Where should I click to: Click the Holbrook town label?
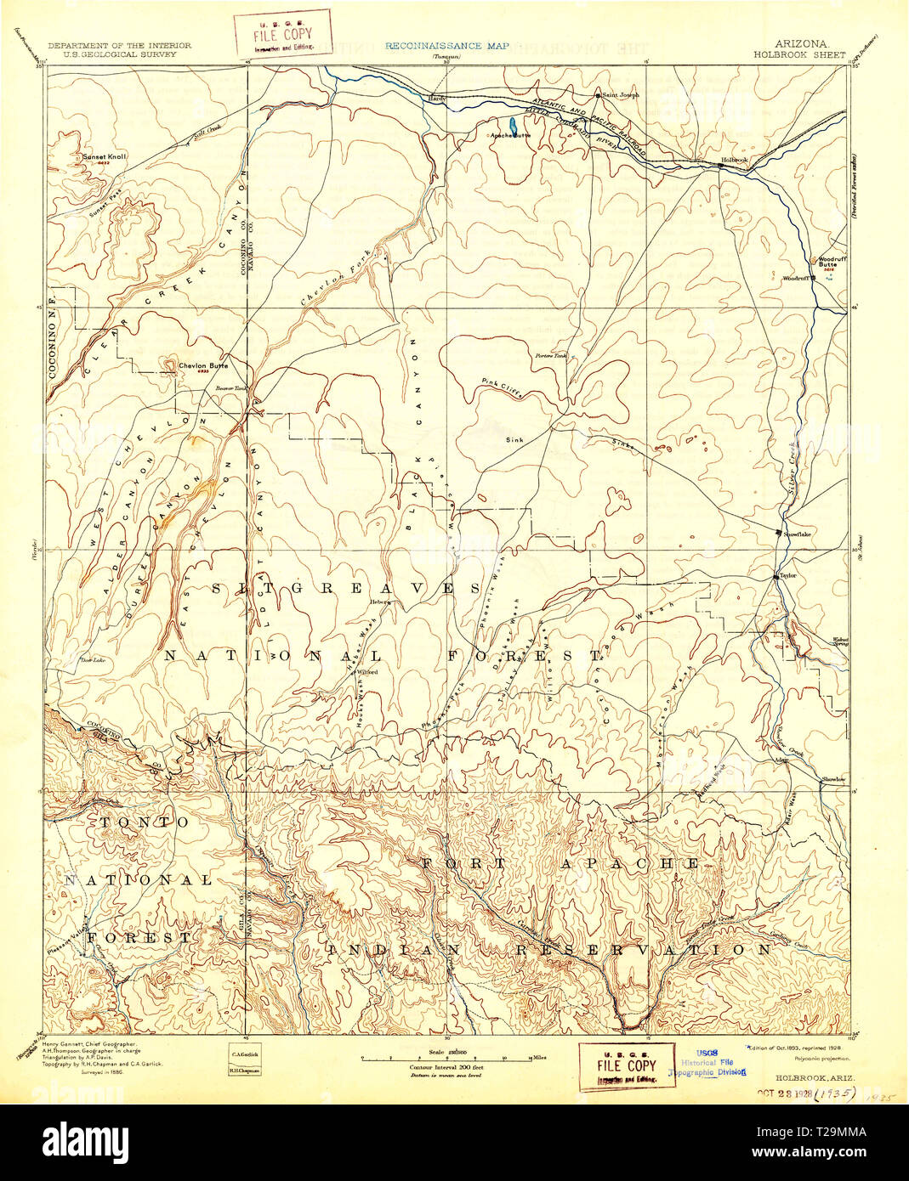[734, 160]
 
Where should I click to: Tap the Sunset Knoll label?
[104, 157]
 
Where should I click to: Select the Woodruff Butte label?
[828, 261]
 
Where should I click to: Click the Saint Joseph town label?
[620, 95]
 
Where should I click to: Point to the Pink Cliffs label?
[500, 387]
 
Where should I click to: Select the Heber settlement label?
[378, 601]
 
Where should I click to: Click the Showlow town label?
[833, 779]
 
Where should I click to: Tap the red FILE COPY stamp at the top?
[283, 32]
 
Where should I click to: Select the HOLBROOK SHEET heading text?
[798, 54]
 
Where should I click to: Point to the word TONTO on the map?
[145, 822]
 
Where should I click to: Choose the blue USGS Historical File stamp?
[713, 1062]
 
